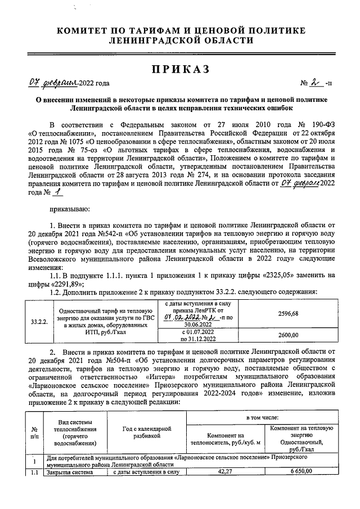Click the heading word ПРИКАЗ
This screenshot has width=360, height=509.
tap(180, 69)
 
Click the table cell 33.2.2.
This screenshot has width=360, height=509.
tap(39, 321)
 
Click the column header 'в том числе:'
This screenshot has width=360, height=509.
tap(262, 419)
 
